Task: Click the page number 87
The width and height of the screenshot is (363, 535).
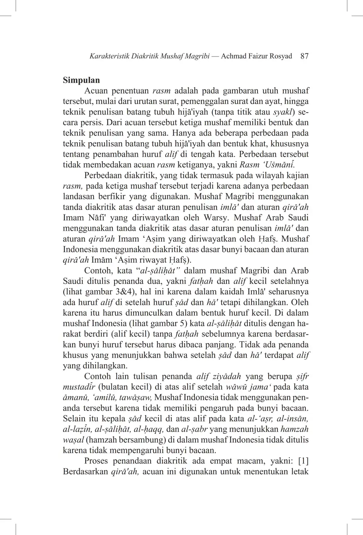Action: pyautogui.click(x=304, y=56)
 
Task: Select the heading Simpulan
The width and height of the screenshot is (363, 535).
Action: pyautogui.click(x=81, y=80)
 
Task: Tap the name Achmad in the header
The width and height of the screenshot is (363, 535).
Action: pyautogui.click(x=234, y=56)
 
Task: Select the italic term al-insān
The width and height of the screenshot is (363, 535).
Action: pyautogui.click(x=292, y=419)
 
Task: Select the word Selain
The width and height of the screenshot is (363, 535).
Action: pyautogui.click(x=74, y=419)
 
